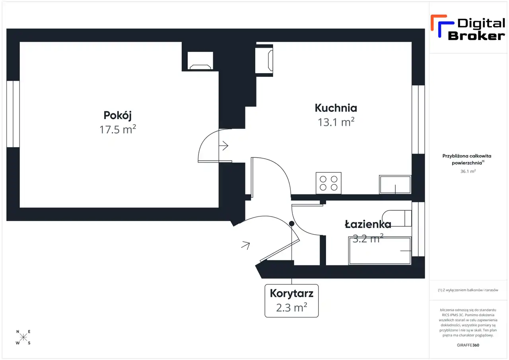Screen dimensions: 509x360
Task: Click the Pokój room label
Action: (117, 115)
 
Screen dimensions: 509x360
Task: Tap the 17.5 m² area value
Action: (118, 129)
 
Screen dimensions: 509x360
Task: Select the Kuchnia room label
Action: (336, 108)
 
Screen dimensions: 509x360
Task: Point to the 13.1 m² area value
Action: (336, 122)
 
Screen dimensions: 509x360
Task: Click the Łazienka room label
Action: (368, 224)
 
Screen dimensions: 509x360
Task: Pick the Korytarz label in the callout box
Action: (291, 294)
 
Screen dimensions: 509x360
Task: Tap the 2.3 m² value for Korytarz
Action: (291, 307)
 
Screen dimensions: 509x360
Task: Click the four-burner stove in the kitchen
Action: (328, 183)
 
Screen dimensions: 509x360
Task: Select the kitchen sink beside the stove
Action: (395, 185)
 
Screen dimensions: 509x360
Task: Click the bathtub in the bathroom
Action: (380, 251)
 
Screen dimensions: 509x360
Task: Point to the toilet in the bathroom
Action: (397, 218)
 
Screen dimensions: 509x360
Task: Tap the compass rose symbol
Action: (23, 337)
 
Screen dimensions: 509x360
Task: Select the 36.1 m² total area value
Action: (468, 171)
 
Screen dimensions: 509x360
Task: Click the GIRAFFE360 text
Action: (468, 345)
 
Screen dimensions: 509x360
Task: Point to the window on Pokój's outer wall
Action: (13, 114)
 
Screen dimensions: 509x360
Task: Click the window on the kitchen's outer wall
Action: (418, 120)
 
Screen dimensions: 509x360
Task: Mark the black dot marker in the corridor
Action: (291, 224)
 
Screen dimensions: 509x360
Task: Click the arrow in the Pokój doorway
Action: (223, 146)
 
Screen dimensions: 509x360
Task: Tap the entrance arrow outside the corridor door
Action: (245, 245)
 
